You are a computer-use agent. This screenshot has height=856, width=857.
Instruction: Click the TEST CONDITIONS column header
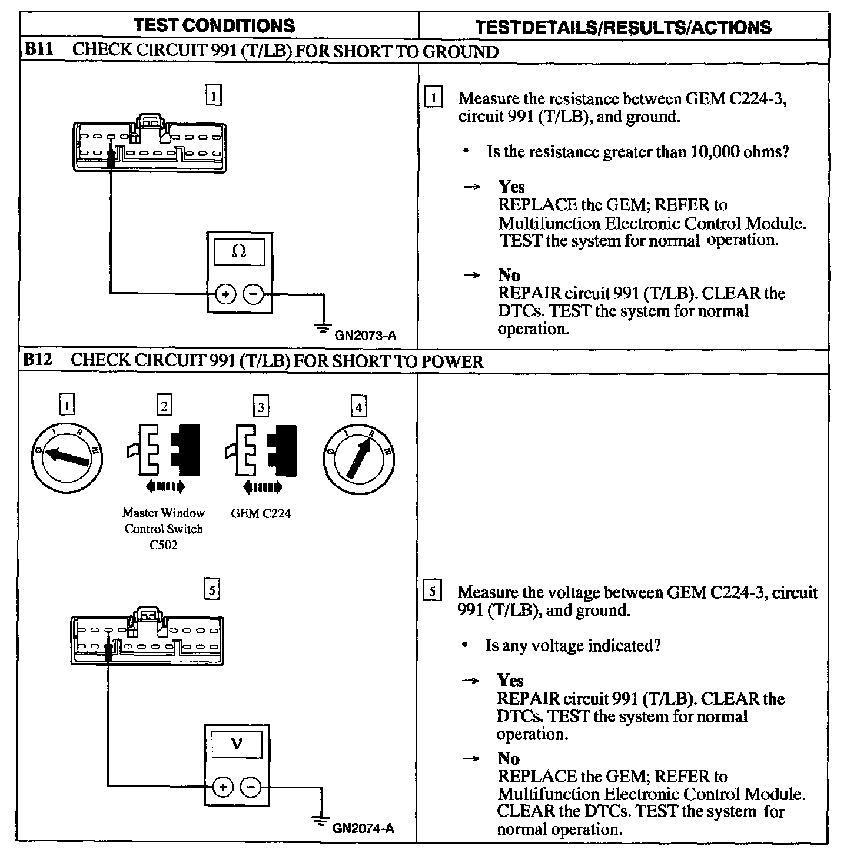214,25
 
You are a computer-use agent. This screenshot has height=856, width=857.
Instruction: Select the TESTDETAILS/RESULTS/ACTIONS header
623,26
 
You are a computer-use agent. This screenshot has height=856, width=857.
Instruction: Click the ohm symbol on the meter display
239,252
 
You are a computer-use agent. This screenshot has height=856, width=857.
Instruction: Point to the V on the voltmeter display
237,745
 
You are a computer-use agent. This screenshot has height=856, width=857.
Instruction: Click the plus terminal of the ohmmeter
225,293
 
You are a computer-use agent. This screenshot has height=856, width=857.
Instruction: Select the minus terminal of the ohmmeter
253,293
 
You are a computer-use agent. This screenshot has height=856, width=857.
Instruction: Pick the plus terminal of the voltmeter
222,786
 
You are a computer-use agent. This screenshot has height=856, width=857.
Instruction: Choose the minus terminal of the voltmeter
251,786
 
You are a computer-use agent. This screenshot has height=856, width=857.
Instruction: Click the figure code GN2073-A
365,336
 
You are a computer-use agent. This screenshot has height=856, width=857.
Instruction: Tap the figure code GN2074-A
363,828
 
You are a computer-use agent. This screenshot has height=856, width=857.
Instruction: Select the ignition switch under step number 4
359,457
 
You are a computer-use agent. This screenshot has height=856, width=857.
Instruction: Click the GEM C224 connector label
260,513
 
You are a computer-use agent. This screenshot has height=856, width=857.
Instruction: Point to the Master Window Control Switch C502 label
164,529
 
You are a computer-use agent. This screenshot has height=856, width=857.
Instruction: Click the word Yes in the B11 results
511,187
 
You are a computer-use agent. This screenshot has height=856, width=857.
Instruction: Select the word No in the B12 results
508,758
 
